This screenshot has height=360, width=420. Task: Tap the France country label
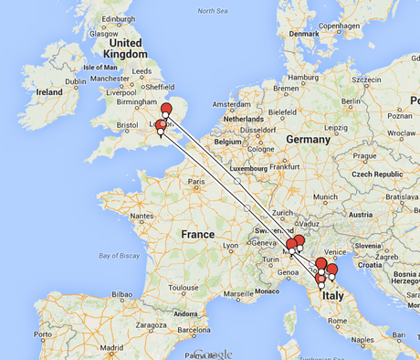(x=196, y=235)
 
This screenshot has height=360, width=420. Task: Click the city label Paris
(x=195, y=181)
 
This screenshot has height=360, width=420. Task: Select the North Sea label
(x=212, y=10)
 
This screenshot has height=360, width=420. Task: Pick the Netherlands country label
(x=242, y=120)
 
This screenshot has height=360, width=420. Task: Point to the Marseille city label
(x=239, y=294)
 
